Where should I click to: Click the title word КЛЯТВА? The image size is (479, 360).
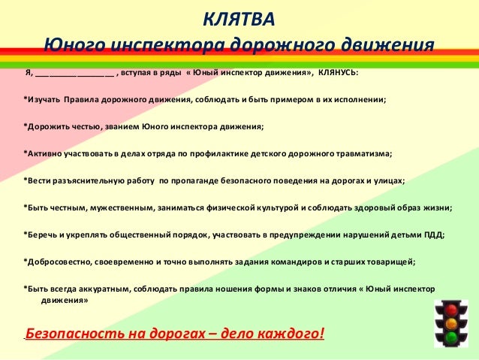(239, 18)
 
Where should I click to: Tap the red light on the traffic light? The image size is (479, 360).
(451, 309)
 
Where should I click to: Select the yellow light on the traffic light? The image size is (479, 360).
(451, 324)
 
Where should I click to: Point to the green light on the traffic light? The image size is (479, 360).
(451, 338)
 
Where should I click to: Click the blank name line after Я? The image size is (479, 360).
(74, 74)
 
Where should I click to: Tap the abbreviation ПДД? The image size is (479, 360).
(434, 235)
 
